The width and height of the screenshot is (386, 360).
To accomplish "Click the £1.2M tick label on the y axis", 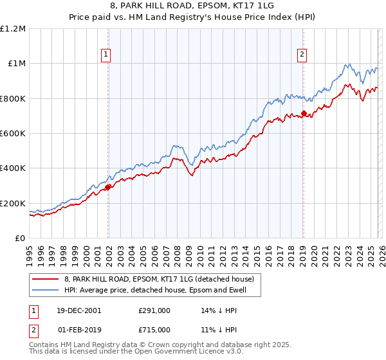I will (13, 29).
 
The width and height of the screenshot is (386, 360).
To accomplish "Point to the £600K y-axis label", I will (13, 134).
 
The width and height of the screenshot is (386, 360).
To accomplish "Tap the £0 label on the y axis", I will (21, 239).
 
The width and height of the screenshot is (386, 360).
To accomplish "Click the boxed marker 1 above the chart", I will (106, 55).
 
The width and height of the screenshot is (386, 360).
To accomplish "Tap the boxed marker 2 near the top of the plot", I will (302, 55).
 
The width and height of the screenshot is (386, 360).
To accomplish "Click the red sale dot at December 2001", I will (108, 187).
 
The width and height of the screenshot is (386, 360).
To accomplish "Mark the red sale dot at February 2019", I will (304, 114).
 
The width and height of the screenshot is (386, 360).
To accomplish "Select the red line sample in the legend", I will (46, 280).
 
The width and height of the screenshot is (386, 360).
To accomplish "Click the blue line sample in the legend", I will (46, 291).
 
